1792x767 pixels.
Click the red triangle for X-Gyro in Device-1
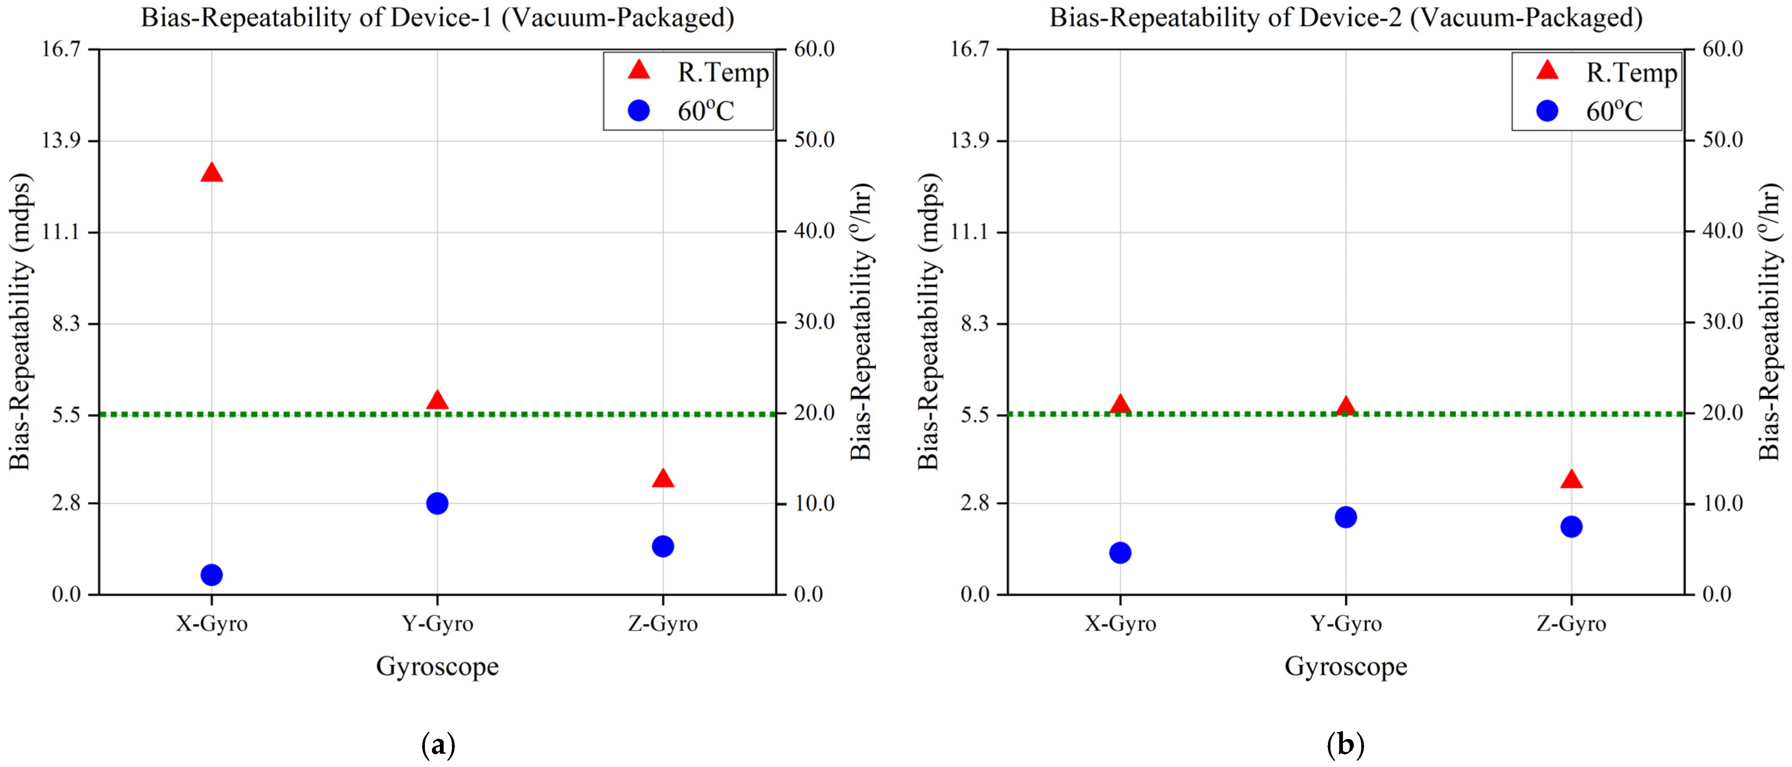coord(211,172)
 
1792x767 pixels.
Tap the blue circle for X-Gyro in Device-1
coord(211,574)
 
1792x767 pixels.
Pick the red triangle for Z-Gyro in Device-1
coord(663,479)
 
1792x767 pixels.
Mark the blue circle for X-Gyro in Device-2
coord(1120,553)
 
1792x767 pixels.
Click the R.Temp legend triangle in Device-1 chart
coord(639,70)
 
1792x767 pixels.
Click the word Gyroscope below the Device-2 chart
coord(1345,666)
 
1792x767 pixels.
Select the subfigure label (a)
coord(438,745)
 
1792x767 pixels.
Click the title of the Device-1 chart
coord(437,17)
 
